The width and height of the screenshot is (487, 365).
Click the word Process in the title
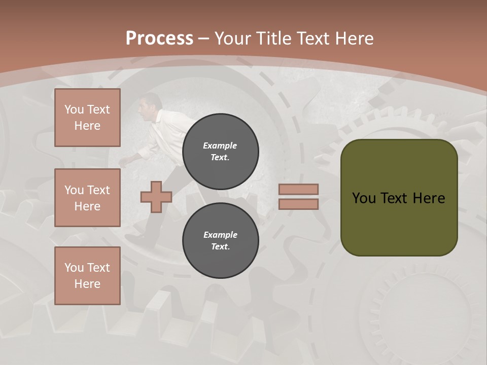click(x=159, y=39)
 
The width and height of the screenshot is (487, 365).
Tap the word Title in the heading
click(x=274, y=39)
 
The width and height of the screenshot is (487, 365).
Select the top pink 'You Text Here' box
click(x=87, y=118)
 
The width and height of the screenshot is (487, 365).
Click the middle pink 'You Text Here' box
click(x=87, y=198)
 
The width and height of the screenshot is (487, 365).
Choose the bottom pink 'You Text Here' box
click(x=87, y=276)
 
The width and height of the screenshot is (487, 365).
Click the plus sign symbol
click(x=156, y=197)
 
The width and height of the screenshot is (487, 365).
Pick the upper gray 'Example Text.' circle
click(x=220, y=152)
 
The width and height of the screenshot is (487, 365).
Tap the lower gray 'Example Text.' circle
click(x=220, y=241)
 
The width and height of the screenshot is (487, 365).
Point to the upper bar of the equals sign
click(x=298, y=189)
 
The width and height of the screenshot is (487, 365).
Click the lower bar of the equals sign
click(x=298, y=204)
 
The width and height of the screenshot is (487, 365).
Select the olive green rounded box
click(x=399, y=198)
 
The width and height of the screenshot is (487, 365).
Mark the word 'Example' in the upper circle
click(x=220, y=145)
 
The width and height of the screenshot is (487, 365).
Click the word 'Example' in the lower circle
click(x=220, y=235)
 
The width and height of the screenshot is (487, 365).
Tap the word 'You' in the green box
click(x=364, y=198)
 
